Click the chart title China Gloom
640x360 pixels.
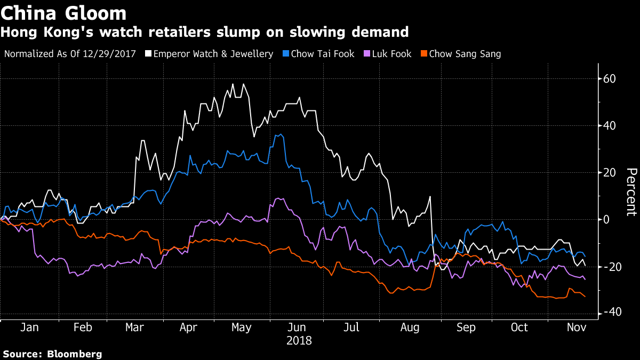pos(65,13)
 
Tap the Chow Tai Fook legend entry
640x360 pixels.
pos(323,54)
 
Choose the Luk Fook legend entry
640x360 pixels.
pos(391,54)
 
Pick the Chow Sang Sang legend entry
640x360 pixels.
pos(465,54)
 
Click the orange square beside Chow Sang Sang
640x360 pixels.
pos(425,54)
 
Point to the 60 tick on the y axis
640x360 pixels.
pos(609,79)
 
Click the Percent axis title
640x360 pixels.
pos(631,192)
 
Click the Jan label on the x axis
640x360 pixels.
pos(29,327)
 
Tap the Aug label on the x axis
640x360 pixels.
pos(410,327)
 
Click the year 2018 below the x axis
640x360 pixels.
pos(299,340)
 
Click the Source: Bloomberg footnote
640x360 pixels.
pos(52,354)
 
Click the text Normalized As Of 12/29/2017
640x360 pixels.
pos(69,54)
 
